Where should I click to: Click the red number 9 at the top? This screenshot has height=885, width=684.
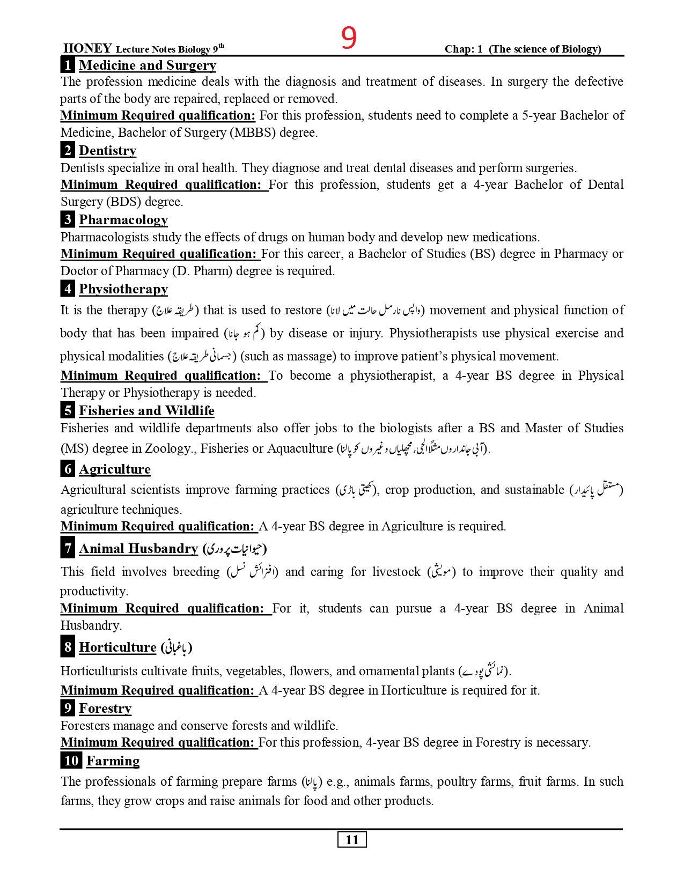(x=349, y=38)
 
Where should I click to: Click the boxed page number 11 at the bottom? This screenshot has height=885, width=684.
(x=352, y=840)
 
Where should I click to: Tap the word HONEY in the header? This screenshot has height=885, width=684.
(x=87, y=48)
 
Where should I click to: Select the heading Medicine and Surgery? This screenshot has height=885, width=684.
(x=148, y=65)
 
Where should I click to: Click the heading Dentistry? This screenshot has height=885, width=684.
(x=108, y=151)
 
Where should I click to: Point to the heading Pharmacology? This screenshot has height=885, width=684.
(x=123, y=220)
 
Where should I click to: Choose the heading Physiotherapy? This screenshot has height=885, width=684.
(x=123, y=289)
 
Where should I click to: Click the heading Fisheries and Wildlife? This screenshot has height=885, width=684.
(x=146, y=411)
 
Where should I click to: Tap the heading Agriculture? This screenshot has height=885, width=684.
(x=115, y=469)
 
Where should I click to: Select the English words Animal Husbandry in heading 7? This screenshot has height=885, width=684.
(x=138, y=549)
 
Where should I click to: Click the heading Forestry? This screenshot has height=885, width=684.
(x=105, y=709)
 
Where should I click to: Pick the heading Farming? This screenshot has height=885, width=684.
(x=113, y=761)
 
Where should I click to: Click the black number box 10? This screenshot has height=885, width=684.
(x=71, y=761)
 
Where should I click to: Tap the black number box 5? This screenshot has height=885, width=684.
(x=68, y=411)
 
